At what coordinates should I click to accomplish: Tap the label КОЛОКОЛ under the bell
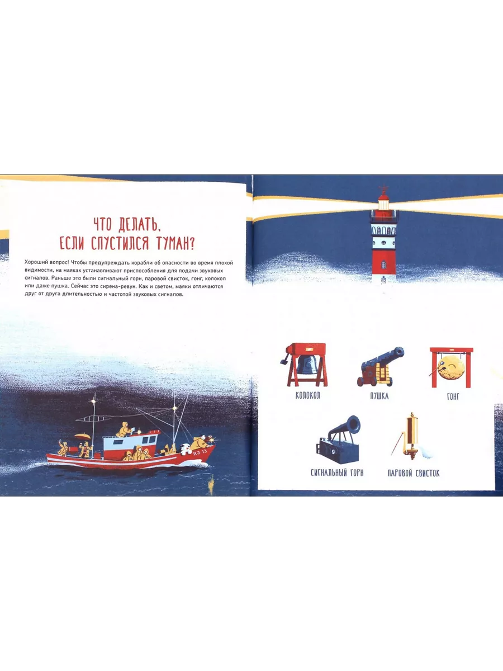coord(307,395)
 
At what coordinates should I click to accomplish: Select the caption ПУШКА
coord(379,396)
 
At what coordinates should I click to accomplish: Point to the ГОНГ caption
coord(453,397)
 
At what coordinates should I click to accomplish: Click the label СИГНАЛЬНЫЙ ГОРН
coord(337,473)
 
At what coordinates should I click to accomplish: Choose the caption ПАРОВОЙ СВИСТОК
coord(414,473)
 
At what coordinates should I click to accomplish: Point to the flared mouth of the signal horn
coord(354,423)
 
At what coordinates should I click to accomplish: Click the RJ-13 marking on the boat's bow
coord(200,452)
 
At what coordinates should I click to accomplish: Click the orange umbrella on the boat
coord(83,436)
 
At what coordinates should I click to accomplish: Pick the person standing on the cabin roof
coord(124,429)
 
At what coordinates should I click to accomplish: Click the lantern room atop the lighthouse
coord(383,203)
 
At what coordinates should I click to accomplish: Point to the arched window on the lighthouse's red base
coord(383,264)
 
